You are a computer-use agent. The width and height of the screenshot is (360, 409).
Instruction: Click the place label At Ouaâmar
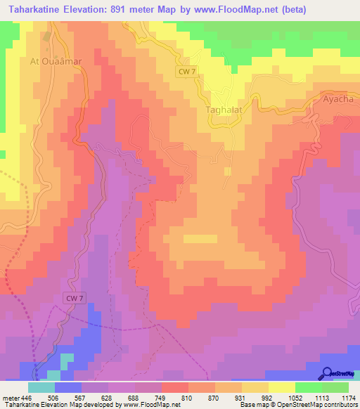pyautogui.click(x=56, y=61)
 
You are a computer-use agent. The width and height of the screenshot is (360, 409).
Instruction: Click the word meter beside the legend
pyautogui.click(x=9, y=397)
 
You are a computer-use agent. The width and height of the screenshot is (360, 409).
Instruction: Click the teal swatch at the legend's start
pyautogui.click(x=41, y=387)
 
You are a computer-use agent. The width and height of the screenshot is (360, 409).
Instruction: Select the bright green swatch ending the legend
pyautogui.click(x=335, y=387)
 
